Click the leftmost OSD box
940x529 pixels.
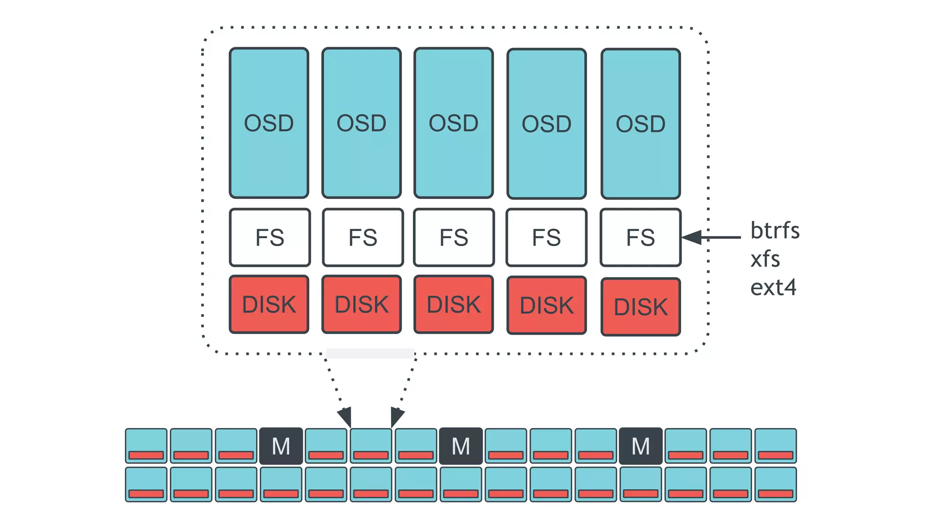pyautogui.click(x=269, y=123)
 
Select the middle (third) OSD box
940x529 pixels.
pyautogui.click(x=453, y=123)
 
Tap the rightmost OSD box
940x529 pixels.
pyautogui.click(x=640, y=124)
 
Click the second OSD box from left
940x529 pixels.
pyautogui.click(x=362, y=123)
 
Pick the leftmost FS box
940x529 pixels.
pyautogui.click(x=270, y=237)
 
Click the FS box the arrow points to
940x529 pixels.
pyautogui.click(x=640, y=237)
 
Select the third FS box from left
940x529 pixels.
pyautogui.click(x=454, y=237)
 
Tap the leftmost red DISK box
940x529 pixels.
pyautogui.click(x=269, y=304)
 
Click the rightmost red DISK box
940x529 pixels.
pyautogui.click(x=640, y=307)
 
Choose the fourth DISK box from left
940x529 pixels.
pyautogui.click(x=547, y=305)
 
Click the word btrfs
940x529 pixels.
pyautogui.click(x=775, y=231)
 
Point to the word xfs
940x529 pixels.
pyautogui.click(x=765, y=259)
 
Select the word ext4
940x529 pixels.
pyautogui.click(x=773, y=288)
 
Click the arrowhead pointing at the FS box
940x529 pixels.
pyautogui.click(x=691, y=237)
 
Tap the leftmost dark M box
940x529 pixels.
pyautogui.click(x=281, y=446)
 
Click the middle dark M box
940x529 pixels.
pyautogui.click(x=461, y=446)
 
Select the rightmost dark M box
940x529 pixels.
pyautogui.click(x=641, y=446)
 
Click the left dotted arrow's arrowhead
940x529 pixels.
pyautogui.click(x=346, y=417)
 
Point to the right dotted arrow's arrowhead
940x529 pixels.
pyautogui.click(x=397, y=417)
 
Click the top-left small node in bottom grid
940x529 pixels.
pyautogui.click(x=146, y=445)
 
